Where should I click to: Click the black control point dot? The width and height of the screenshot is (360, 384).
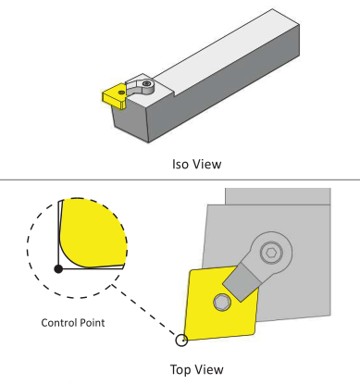(x=58, y=269)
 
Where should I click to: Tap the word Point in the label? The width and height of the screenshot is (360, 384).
(x=93, y=323)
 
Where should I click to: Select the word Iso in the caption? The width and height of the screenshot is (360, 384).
(x=180, y=164)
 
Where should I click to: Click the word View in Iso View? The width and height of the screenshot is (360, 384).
(x=205, y=164)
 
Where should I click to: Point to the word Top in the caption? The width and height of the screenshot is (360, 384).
(x=180, y=369)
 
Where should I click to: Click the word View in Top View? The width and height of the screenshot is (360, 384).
(x=208, y=369)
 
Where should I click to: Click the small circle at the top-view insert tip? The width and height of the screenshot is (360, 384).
(x=181, y=341)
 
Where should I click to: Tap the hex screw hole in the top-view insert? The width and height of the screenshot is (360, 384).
(x=222, y=302)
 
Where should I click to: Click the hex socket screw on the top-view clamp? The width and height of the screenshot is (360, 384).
(x=271, y=253)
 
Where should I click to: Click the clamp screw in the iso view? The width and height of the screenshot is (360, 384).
(x=147, y=83)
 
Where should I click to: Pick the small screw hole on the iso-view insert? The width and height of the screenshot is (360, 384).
(x=122, y=93)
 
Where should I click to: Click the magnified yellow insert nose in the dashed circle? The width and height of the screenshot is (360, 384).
(x=93, y=234)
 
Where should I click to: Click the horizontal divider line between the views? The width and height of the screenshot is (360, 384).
(x=180, y=180)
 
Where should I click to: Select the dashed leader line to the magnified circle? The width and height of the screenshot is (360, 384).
(x=144, y=310)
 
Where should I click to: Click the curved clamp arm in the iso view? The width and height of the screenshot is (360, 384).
(x=136, y=91)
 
